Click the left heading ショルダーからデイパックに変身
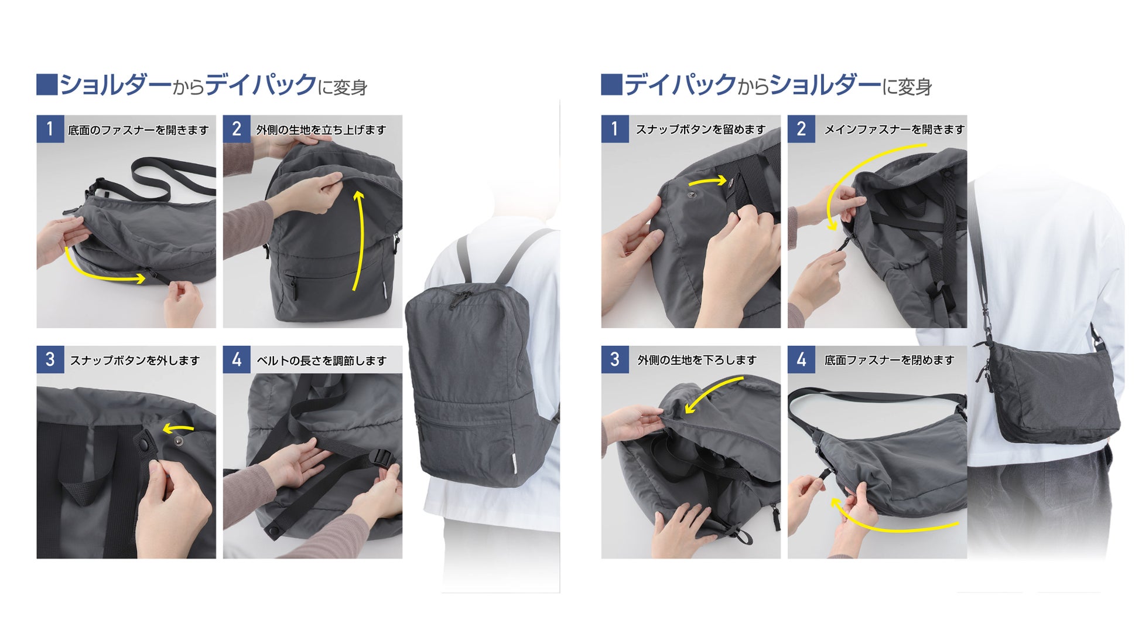pyautogui.click(x=213, y=85)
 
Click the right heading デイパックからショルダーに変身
pyautogui.click(x=778, y=85)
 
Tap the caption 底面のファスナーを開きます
pyautogui.click(x=138, y=130)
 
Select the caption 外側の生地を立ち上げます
pyautogui.click(x=321, y=130)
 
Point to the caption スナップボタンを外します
pyautogui.click(x=135, y=360)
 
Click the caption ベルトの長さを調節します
pyautogui.click(x=322, y=360)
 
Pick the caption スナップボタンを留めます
pyautogui.click(x=701, y=129)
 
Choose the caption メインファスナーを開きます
pyautogui.click(x=894, y=129)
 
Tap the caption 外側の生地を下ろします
pyautogui.click(x=697, y=359)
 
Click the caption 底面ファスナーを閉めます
pyautogui.click(x=890, y=359)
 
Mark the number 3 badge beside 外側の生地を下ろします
pyautogui.click(x=615, y=359)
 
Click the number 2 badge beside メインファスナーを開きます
pyautogui.click(x=801, y=129)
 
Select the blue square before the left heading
pyautogui.click(x=47, y=84)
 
